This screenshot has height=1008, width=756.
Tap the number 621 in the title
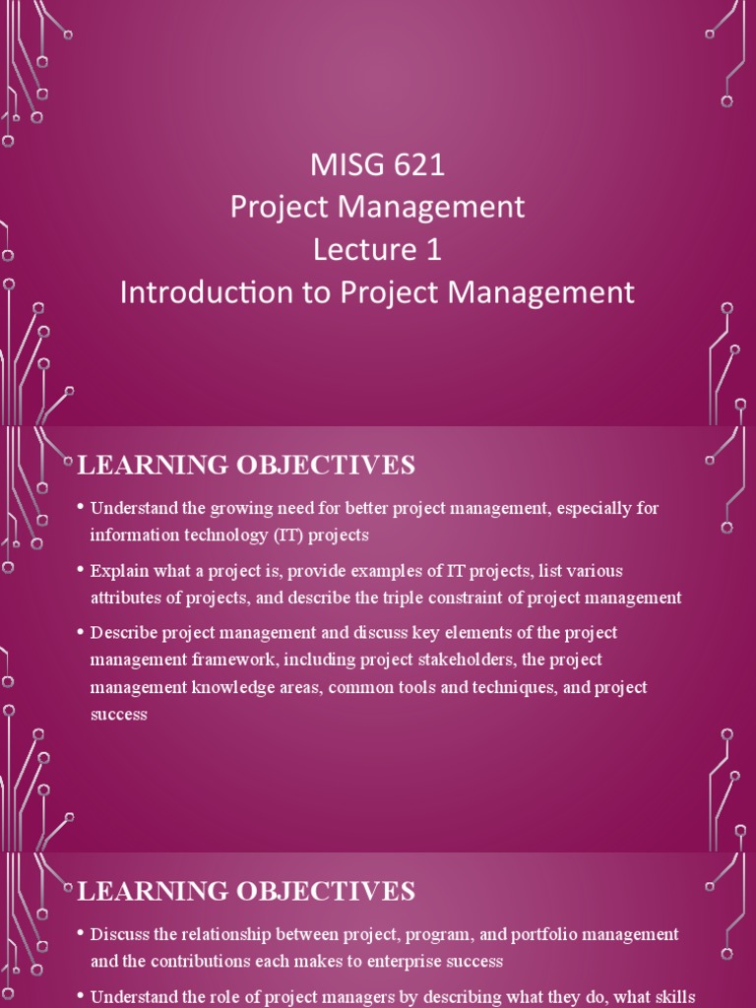click(418, 164)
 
